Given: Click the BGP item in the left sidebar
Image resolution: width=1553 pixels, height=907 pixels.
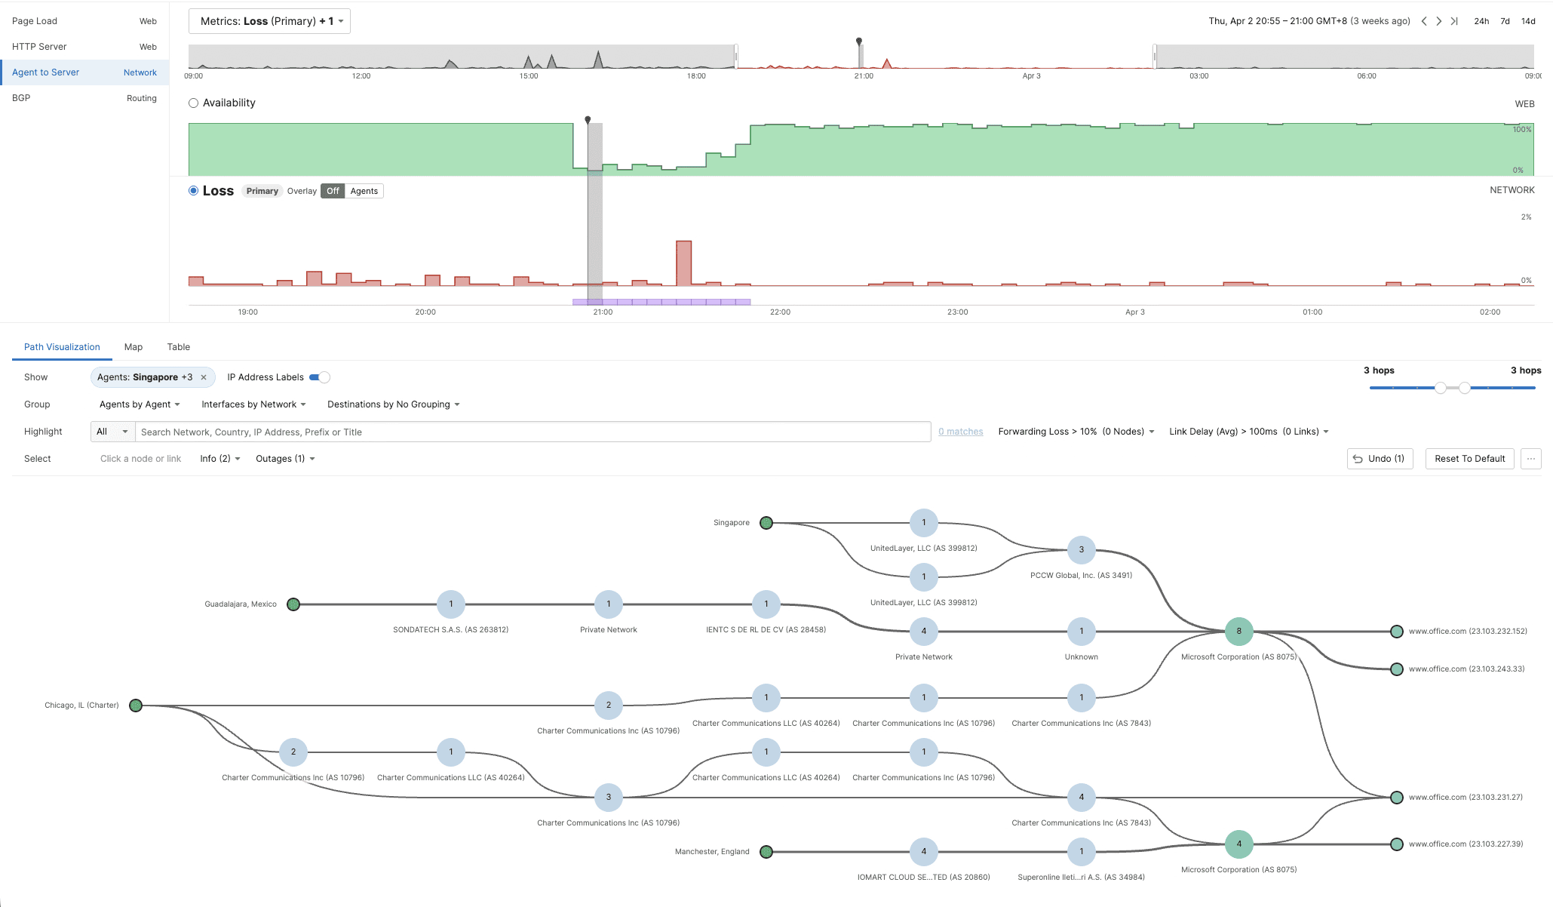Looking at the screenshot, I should tap(21, 98).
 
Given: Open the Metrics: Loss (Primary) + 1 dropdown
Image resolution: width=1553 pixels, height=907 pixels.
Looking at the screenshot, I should tap(269, 21).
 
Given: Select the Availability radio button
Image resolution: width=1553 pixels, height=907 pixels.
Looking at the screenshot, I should tap(194, 103).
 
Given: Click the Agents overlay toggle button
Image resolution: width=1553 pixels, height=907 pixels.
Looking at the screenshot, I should tap(364, 191).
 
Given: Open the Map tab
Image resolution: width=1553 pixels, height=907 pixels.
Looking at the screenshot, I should tap(134, 347).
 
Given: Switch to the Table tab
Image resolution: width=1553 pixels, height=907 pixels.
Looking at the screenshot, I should tap(179, 347).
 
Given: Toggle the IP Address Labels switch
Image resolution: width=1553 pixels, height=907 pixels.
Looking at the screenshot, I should tap(321, 377).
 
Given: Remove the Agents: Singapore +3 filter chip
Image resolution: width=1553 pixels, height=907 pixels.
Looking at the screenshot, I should tap(204, 377).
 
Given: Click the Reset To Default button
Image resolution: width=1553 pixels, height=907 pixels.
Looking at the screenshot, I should tap(1469, 459).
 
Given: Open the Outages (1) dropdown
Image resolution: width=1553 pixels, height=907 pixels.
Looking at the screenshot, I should tap(285, 459).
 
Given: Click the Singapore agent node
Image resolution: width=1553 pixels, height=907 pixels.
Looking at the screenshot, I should tap(766, 523).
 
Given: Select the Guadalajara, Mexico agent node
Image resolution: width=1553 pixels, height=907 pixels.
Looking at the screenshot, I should tap(293, 604).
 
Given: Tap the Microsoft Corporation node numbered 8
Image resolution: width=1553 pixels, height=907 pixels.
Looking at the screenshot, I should tap(1238, 632).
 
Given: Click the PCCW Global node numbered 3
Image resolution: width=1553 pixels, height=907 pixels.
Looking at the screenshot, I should tap(1081, 550).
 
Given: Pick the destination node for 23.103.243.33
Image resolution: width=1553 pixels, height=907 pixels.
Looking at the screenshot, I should tap(1397, 669).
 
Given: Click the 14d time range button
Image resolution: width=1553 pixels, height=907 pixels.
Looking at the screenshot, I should tap(1528, 21).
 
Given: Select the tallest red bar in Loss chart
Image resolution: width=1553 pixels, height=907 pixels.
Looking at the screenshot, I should tap(683, 263).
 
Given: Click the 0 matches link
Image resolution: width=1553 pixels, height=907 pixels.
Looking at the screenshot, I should tap(960, 432).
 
